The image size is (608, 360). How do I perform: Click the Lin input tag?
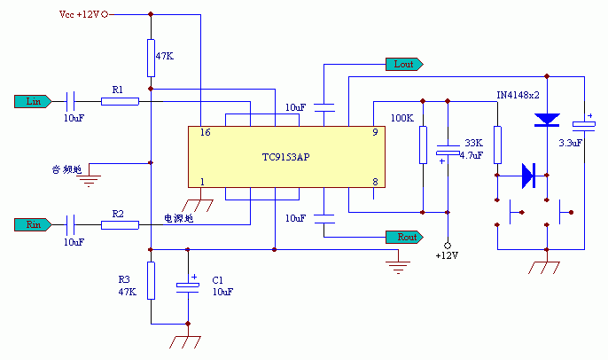(x=34, y=100)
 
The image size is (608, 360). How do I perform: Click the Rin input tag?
(x=34, y=224)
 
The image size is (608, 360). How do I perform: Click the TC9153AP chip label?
(x=286, y=157)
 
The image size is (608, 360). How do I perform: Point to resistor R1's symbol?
(x=120, y=101)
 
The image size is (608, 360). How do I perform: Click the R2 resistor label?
(x=118, y=214)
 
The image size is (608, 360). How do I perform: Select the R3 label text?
(x=125, y=279)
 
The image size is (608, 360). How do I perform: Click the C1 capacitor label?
(x=218, y=279)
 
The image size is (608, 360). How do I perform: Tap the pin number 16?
(x=205, y=132)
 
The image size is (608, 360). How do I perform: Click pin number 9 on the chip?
(x=376, y=132)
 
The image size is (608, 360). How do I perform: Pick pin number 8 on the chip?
(x=376, y=182)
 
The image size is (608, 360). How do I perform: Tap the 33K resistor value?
(x=473, y=142)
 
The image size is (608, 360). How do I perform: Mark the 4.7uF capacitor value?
(x=472, y=154)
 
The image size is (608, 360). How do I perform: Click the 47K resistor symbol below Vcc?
(x=152, y=58)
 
